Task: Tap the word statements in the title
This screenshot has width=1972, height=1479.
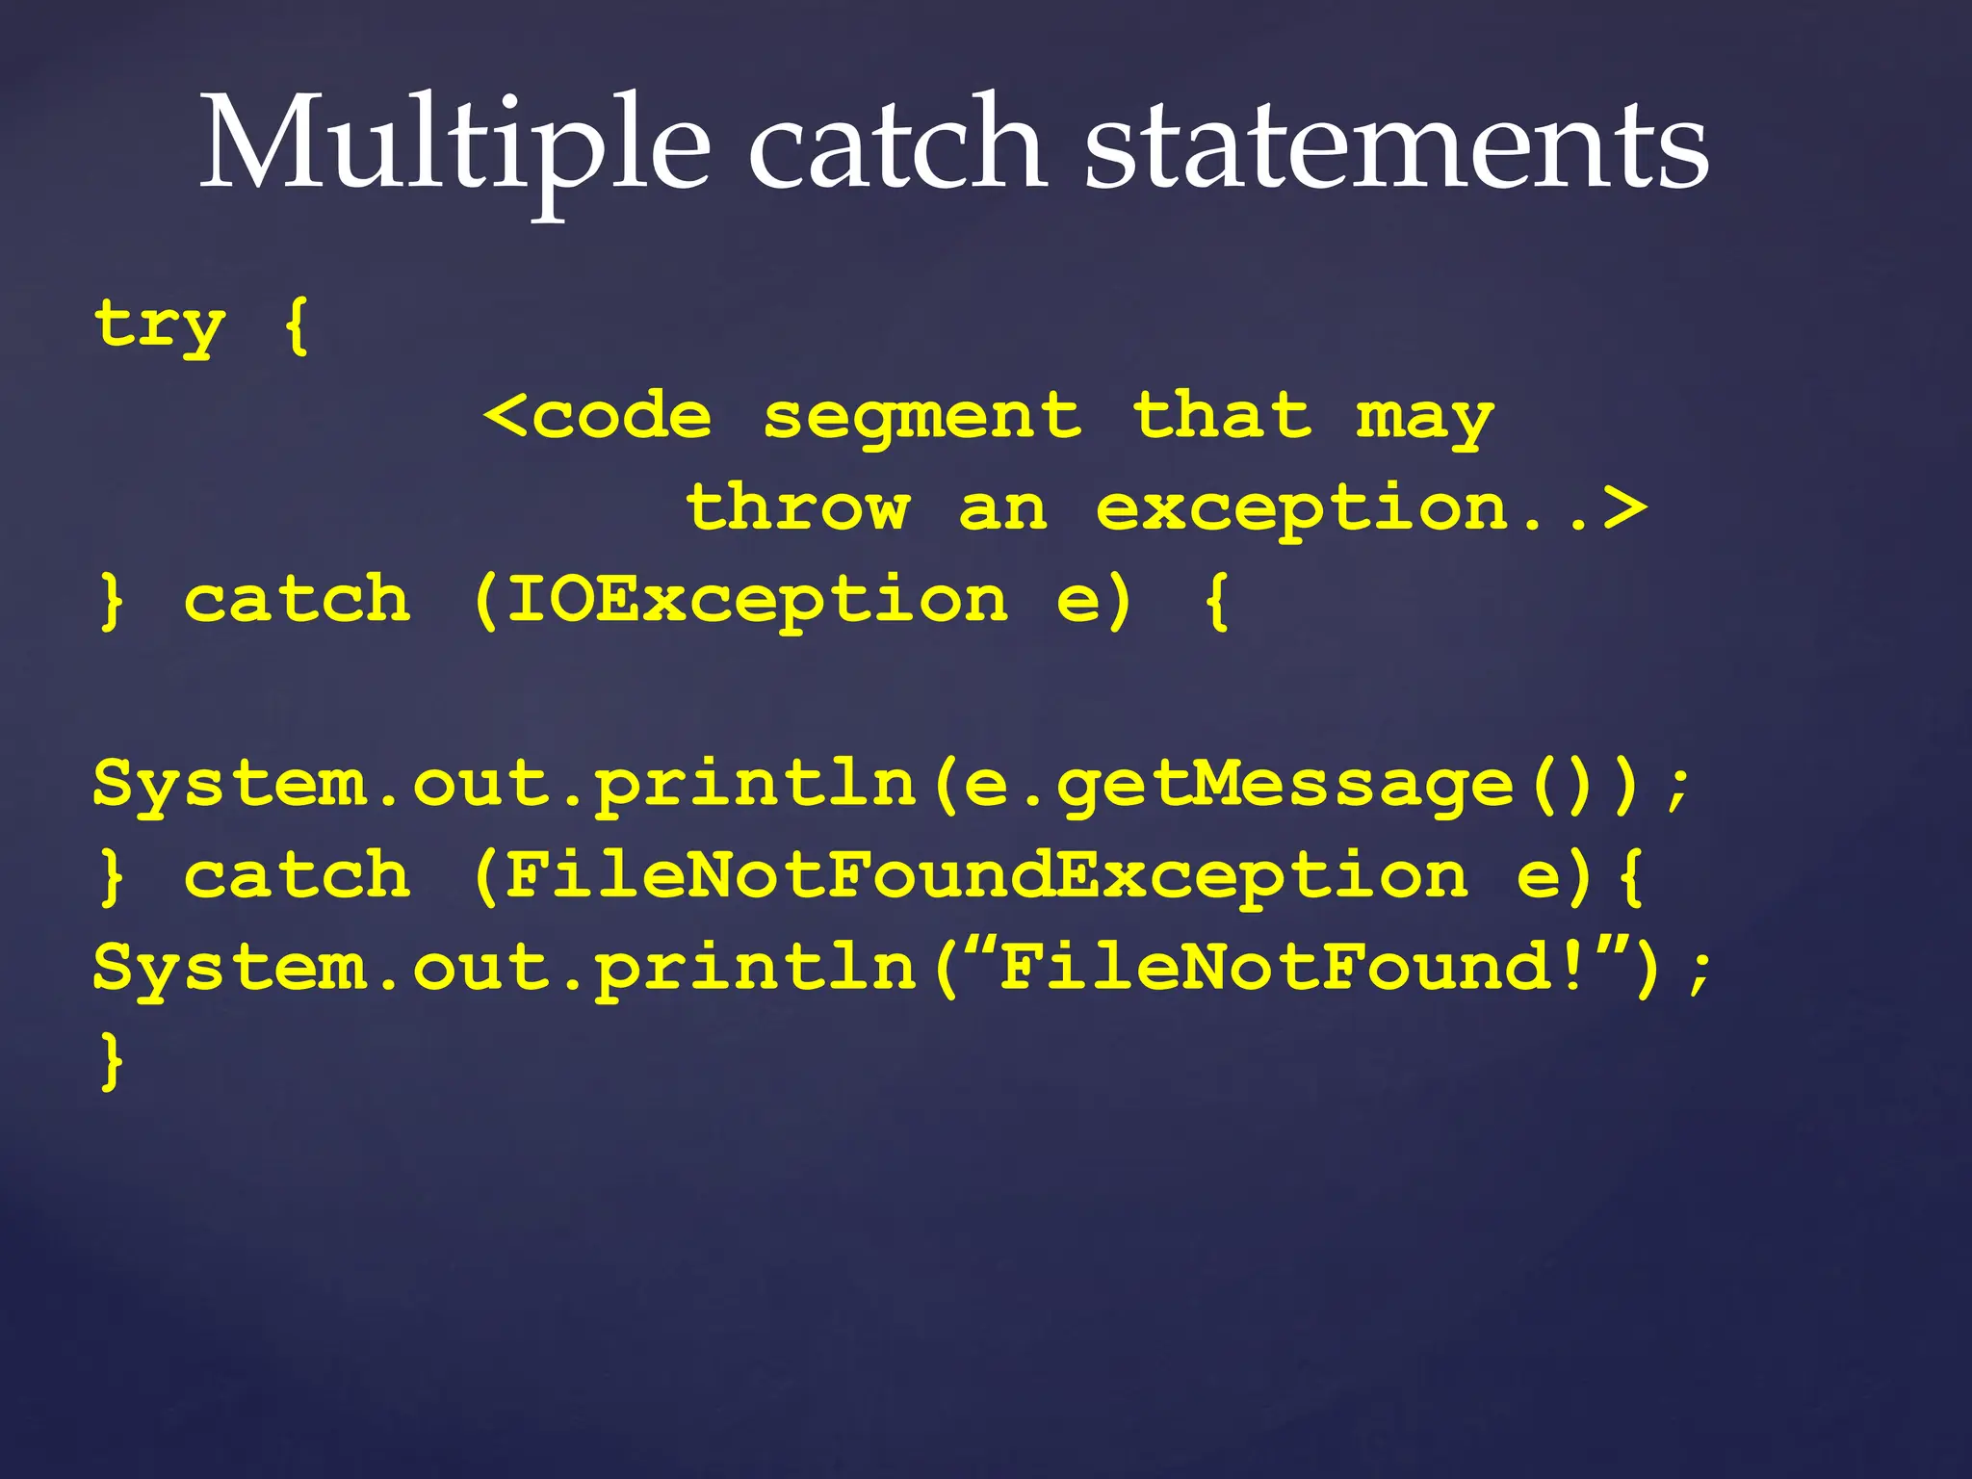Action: coord(1396,144)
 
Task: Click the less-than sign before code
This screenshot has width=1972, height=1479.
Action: coord(505,417)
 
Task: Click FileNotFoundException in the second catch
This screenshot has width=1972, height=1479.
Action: coord(987,876)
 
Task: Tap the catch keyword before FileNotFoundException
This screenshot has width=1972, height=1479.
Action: coord(298,876)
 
